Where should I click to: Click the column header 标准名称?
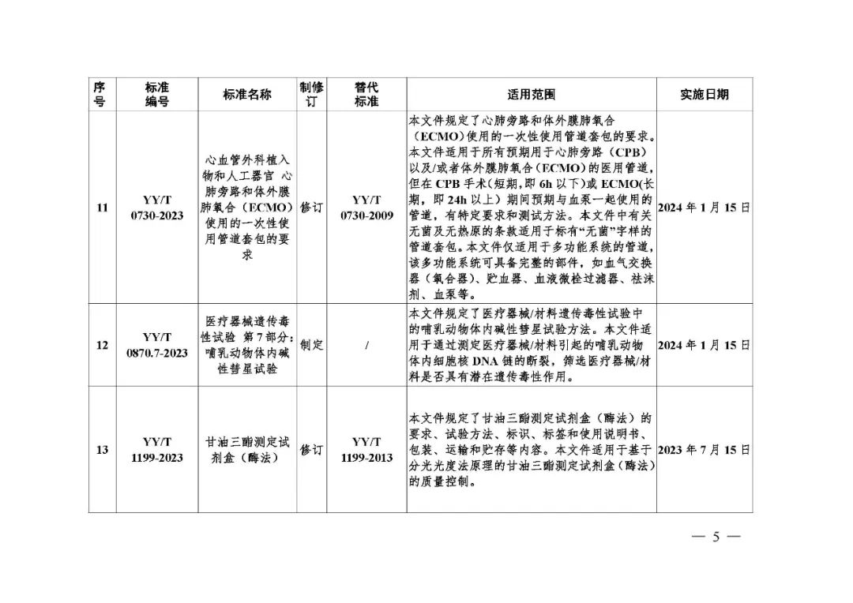[247, 94]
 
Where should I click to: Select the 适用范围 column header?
[531, 94]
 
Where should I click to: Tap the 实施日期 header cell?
[704, 94]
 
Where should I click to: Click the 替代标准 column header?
[366, 94]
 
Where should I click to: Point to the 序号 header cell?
[100, 94]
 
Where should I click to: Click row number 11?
[102, 208]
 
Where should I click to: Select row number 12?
[102, 345]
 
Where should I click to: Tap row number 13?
[102, 450]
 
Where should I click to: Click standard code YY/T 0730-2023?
[156, 208]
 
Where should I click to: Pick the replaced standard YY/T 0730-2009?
[366, 208]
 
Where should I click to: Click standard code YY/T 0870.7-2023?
[156, 345]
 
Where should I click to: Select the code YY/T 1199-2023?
[156, 450]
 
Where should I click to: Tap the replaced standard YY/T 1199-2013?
[366, 450]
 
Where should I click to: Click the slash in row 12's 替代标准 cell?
[366, 345]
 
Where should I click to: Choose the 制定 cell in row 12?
[311, 345]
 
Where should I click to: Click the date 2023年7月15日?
[704, 450]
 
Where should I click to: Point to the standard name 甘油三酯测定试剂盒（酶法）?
[247, 450]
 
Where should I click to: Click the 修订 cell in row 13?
[311, 450]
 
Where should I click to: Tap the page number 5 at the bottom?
[716, 537]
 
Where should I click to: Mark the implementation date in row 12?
[704, 345]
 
